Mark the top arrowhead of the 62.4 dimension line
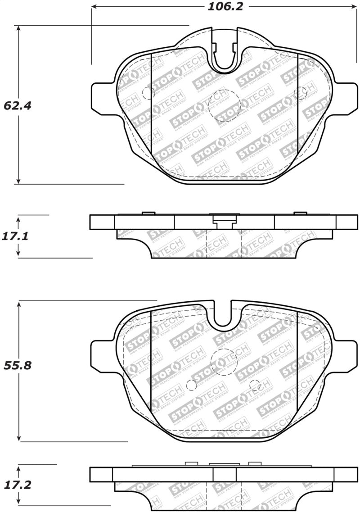click(x=18, y=28)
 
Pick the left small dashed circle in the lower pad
click(x=191, y=386)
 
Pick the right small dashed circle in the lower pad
click(x=255, y=386)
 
